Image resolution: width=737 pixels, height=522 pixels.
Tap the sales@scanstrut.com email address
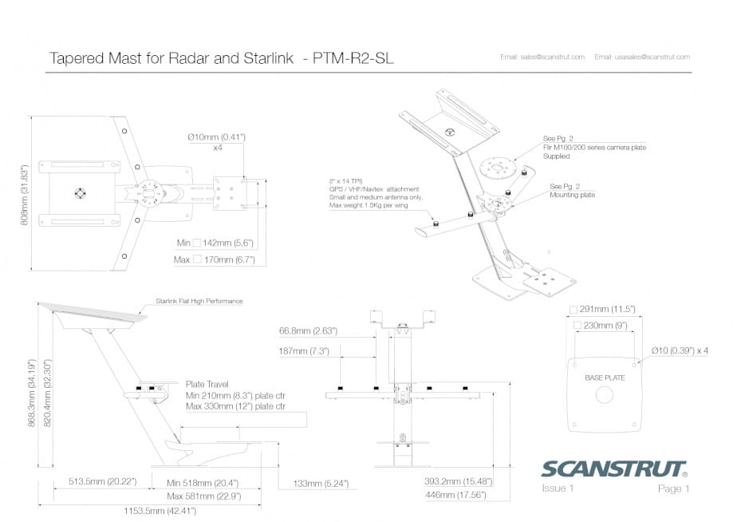pyautogui.click(x=542, y=57)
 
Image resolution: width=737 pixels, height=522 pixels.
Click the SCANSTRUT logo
pyautogui.click(x=614, y=469)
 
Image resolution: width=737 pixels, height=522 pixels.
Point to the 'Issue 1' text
pyautogui.click(x=558, y=488)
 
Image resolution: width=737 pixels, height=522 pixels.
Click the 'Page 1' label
pyautogui.click(x=673, y=488)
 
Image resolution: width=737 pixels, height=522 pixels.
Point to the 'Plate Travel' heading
pyautogui.click(x=207, y=383)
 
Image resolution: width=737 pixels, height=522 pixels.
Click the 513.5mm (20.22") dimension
pyautogui.click(x=92, y=482)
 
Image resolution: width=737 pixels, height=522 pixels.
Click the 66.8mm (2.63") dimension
pyautogui.click(x=308, y=330)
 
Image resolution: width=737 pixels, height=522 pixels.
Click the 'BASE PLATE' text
pyautogui.click(x=605, y=377)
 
